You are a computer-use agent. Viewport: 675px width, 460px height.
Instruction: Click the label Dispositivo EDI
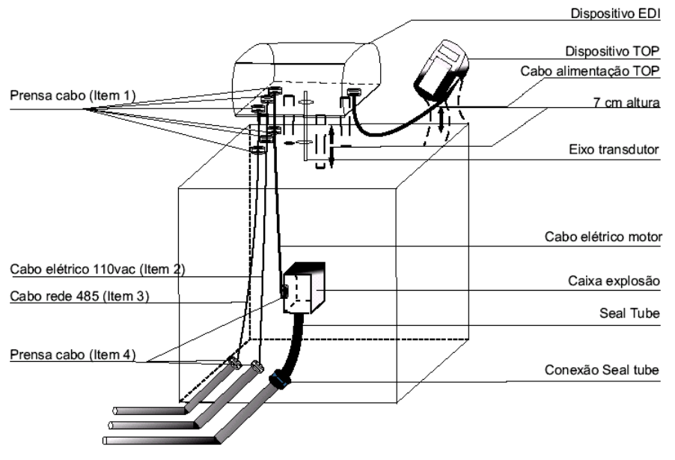[x=615, y=13]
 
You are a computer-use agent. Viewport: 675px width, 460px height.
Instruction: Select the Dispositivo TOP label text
[x=612, y=51]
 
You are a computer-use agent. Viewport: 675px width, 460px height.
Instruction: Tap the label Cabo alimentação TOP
[x=590, y=71]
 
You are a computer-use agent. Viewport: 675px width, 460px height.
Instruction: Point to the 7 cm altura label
[x=626, y=103]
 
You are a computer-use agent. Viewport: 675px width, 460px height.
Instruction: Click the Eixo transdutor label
[x=614, y=150]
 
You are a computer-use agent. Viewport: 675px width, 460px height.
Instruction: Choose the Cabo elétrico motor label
[x=603, y=237]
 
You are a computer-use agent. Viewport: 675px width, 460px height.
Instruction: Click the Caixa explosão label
[x=614, y=281]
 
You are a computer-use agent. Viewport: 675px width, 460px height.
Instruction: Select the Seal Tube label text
[x=629, y=313]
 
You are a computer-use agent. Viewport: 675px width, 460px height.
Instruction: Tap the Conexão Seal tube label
[x=602, y=370]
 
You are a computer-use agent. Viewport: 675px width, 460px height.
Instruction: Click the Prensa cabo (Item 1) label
[x=73, y=95]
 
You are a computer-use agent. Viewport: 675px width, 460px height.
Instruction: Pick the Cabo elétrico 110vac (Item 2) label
[x=97, y=270]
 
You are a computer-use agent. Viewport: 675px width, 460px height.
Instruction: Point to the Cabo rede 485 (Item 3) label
[x=79, y=297]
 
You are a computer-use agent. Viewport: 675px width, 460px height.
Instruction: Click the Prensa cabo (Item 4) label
[x=73, y=355]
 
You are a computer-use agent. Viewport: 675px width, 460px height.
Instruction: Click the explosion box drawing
[x=304, y=288]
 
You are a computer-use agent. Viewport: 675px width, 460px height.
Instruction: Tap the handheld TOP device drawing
[x=441, y=70]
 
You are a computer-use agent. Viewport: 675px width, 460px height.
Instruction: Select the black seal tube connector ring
[x=280, y=379]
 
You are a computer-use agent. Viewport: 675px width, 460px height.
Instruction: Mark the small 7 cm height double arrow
[x=441, y=119]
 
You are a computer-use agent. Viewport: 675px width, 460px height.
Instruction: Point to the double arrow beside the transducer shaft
[x=331, y=147]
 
